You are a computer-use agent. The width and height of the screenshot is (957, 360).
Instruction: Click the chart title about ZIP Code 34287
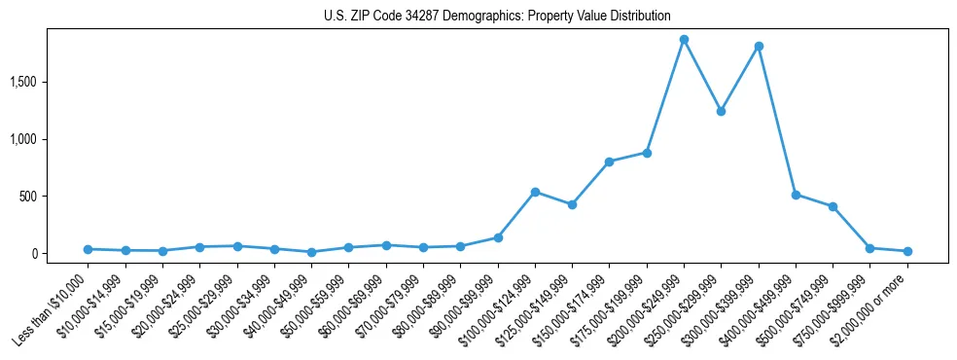tap(497, 16)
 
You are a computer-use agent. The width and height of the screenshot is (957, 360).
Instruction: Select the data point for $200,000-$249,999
tap(684, 40)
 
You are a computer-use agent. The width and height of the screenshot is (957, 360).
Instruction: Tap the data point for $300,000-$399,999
tap(759, 46)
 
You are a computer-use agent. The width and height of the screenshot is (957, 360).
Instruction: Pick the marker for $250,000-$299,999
tap(721, 111)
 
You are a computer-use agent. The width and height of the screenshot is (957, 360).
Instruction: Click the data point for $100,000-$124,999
tap(535, 192)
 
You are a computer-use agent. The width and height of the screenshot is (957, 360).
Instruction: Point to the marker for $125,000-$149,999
tap(572, 204)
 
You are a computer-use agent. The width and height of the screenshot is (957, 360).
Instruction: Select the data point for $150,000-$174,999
tap(609, 162)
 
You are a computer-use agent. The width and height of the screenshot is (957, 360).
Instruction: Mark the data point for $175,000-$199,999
tap(647, 153)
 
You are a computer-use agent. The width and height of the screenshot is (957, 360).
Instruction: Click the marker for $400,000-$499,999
tap(796, 195)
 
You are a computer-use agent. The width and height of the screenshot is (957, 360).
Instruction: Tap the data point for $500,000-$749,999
tap(833, 206)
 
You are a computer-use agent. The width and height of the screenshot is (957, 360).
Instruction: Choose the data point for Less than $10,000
tap(88, 249)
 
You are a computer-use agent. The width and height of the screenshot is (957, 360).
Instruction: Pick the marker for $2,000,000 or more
tap(907, 251)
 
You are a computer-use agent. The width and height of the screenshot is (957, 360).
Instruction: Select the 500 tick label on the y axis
tap(54, 197)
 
